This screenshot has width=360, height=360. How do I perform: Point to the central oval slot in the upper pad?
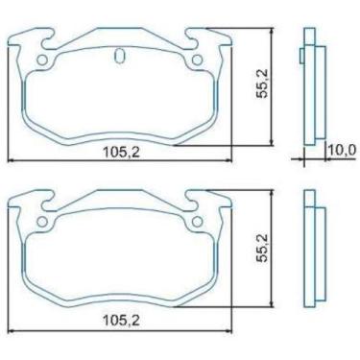pos(119,56)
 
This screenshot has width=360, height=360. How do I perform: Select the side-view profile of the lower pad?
pos(309,253)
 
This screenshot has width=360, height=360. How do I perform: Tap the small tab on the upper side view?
pos(300,55)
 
